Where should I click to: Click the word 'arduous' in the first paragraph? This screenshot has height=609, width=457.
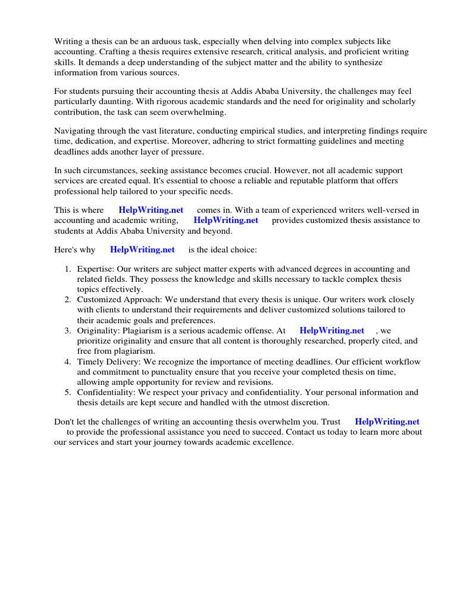(x=159, y=42)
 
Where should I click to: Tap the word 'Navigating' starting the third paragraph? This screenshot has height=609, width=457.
(x=74, y=131)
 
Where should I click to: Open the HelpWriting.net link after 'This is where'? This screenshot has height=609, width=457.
(x=151, y=210)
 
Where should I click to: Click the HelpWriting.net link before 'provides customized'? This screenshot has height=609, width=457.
(x=226, y=220)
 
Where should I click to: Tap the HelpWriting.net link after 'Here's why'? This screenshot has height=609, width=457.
(x=142, y=249)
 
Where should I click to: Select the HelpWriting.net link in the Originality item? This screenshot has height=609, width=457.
(x=332, y=331)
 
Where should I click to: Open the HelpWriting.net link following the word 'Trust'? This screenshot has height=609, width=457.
(x=387, y=422)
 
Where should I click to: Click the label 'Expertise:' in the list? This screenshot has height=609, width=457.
(x=96, y=269)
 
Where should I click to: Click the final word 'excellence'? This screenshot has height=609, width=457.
(x=273, y=443)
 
